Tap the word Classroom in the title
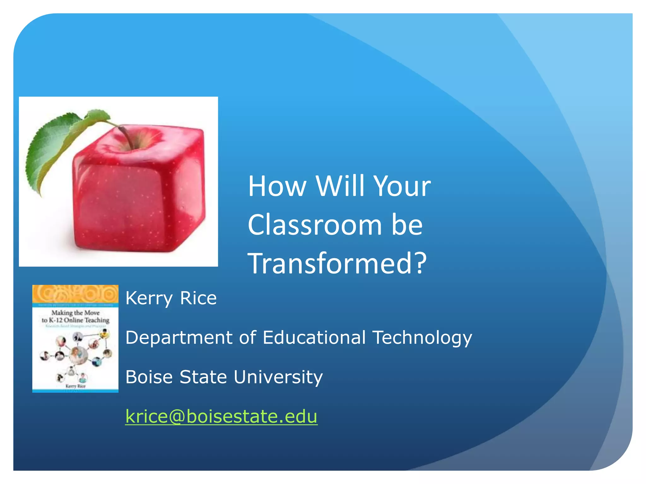tap(314, 225)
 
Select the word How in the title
tap(277, 186)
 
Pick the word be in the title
tap(407, 225)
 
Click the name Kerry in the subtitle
tap(149, 298)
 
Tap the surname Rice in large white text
tap(198, 298)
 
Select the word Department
tap(179, 338)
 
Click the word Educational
tap(314, 337)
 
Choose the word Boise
tap(149, 377)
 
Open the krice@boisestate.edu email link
tap(221, 416)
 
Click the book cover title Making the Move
tap(75, 313)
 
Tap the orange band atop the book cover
tap(75, 294)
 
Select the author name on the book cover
tap(75, 386)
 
